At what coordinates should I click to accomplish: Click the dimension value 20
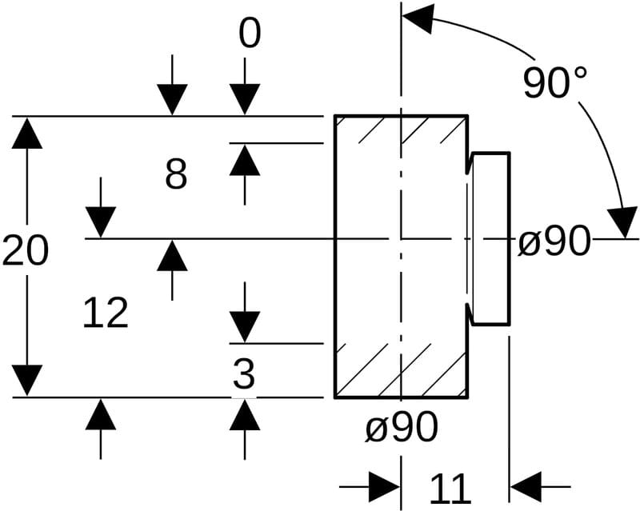26,251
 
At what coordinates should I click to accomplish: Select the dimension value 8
176,174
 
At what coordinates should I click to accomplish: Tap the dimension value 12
106,313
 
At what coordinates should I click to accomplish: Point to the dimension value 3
244,373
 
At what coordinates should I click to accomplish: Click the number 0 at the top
250,34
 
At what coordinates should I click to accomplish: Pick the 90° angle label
555,82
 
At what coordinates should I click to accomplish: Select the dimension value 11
450,488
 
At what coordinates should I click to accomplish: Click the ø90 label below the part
402,428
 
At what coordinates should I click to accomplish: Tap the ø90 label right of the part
554,241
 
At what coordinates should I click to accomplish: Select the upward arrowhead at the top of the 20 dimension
28,133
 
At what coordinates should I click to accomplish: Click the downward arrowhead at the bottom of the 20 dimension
28,380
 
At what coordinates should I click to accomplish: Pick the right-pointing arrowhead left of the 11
385,485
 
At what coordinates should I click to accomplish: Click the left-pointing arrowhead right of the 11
525,485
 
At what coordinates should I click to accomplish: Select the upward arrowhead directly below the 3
245,414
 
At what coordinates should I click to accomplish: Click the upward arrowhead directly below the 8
245,161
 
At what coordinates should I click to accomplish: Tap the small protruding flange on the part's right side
490,238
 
